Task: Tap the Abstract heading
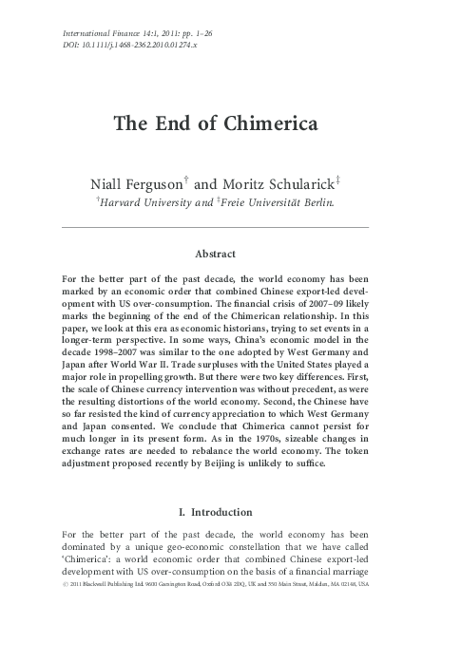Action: pyautogui.click(x=215, y=254)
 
